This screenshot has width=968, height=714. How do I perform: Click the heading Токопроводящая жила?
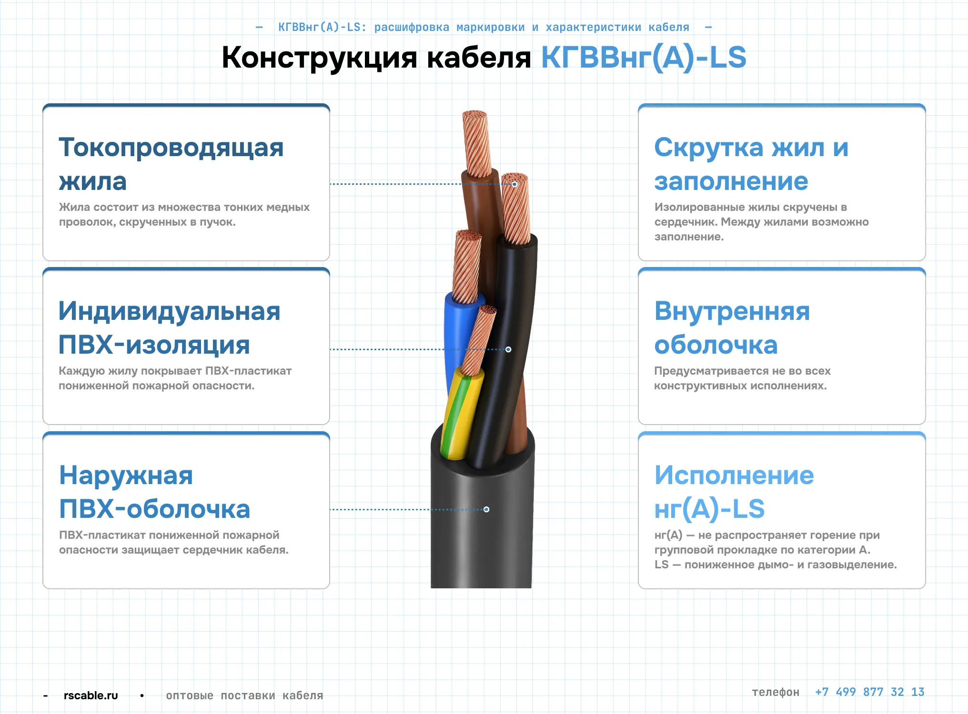[x=171, y=164]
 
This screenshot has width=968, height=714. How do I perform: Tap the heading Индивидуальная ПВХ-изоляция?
[x=169, y=328]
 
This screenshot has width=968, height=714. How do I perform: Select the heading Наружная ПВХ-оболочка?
[x=154, y=492]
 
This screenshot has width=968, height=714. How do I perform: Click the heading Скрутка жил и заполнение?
[x=751, y=164]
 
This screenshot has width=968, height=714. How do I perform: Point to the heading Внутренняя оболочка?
[x=732, y=328]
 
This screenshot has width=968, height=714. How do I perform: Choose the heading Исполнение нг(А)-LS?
[x=734, y=492]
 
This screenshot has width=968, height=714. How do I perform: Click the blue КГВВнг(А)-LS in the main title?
[x=644, y=58]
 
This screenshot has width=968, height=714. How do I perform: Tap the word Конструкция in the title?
[x=320, y=58]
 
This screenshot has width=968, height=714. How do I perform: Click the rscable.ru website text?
[x=91, y=695]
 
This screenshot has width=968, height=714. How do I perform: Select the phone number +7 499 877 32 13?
[x=869, y=692]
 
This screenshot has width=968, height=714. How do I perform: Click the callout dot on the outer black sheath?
[x=486, y=509]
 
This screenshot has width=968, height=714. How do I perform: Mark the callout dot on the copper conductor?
[x=514, y=184]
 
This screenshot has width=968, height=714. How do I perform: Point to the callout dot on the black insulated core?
[x=508, y=349]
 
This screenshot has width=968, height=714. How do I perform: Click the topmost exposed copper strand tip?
[x=475, y=116]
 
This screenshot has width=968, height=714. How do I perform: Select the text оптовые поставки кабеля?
[x=244, y=695]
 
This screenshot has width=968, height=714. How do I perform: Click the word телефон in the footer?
[x=776, y=692]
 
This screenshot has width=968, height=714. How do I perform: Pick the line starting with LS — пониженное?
[x=776, y=565]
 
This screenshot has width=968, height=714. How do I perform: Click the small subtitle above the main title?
[x=484, y=27]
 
